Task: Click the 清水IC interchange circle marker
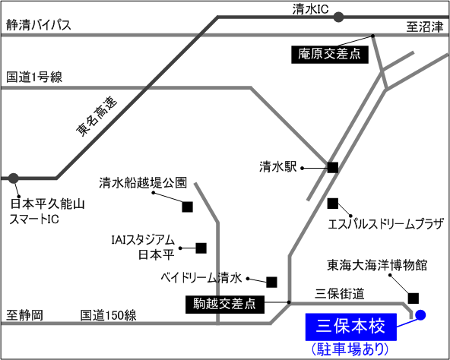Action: (338, 17)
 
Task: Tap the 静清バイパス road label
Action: (39, 25)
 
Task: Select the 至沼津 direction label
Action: (425, 27)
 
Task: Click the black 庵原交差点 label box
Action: (330, 54)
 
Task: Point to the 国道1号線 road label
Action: (34, 77)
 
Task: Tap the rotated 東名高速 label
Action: (97, 116)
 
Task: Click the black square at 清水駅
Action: (333, 168)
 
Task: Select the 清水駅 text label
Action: (277, 166)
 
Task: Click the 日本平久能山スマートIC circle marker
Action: (13, 178)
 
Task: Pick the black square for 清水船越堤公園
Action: (188, 207)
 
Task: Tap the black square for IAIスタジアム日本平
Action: (201, 248)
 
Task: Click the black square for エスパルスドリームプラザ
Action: (333, 204)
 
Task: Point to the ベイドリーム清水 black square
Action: (271, 283)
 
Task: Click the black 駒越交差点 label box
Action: (225, 305)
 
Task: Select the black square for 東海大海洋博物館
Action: (414, 298)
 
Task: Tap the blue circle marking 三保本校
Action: (420, 315)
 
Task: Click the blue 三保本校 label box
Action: (351, 327)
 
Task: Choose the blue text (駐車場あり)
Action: (350, 349)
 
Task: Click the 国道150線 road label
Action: (108, 315)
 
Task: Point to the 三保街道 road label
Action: (340, 294)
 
